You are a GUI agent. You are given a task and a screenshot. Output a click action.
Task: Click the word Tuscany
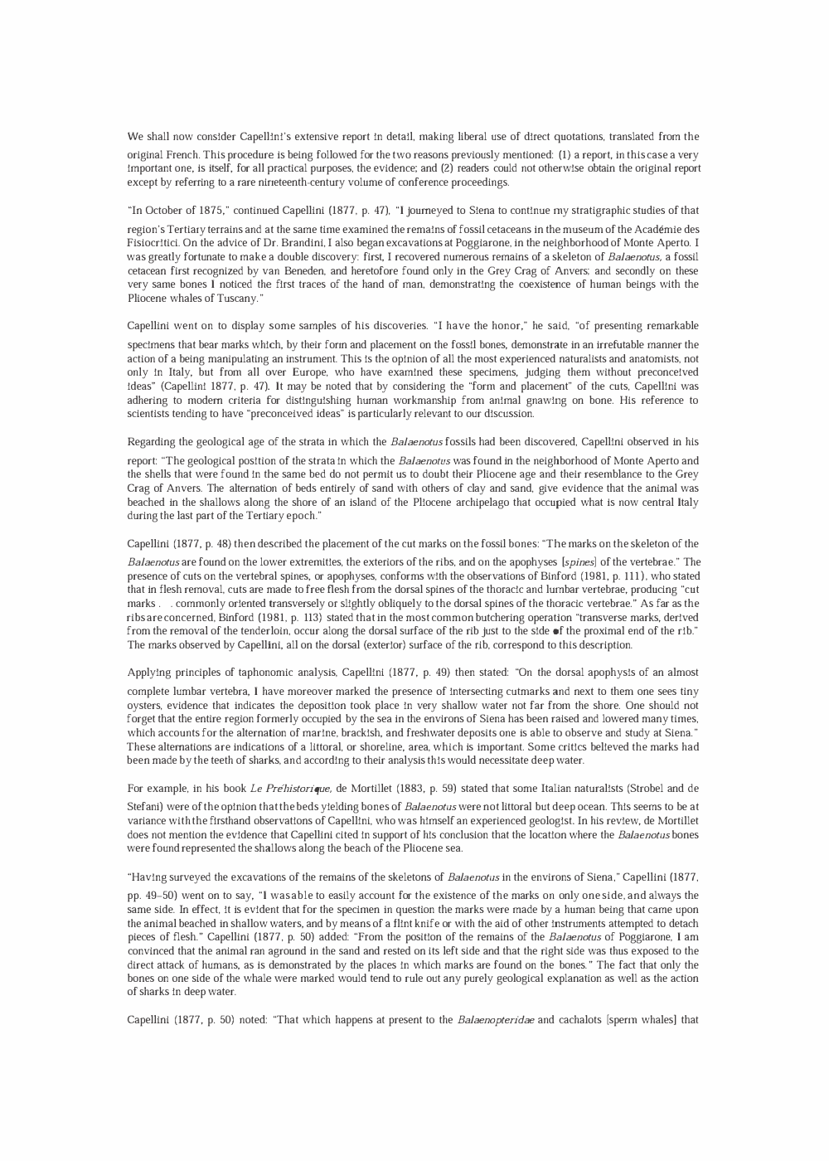219,298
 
